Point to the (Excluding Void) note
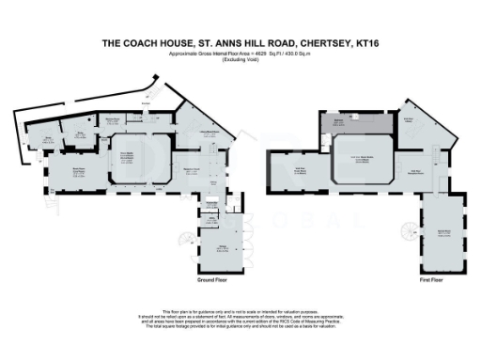[240, 58]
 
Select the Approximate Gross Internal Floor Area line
[240, 53]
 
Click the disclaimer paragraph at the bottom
[240, 319]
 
